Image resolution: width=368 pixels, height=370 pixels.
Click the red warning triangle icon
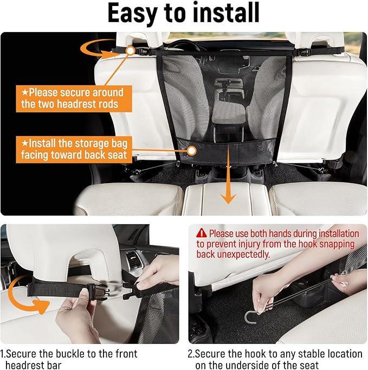pyautogui.click(x=202, y=233)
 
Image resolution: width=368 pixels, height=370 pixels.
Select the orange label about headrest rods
pyautogui.click(x=74, y=99)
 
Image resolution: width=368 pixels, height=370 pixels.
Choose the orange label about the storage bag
pyautogui.click(x=74, y=150)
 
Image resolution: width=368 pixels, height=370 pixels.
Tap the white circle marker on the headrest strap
pyautogui.click(x=130, y=50)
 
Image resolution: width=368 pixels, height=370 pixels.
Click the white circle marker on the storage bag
pyautogui.click(x=192, y=151)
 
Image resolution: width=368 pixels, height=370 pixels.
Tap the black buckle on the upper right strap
pyautogui.click(x=301, y=52)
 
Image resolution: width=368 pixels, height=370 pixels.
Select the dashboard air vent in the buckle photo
pyautogui.click(x=134, y=261)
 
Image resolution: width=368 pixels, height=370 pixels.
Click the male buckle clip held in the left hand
pyautogui.click(x=97, y=291)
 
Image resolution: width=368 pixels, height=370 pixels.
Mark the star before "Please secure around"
pyautogui.click(x=25, y=92)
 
